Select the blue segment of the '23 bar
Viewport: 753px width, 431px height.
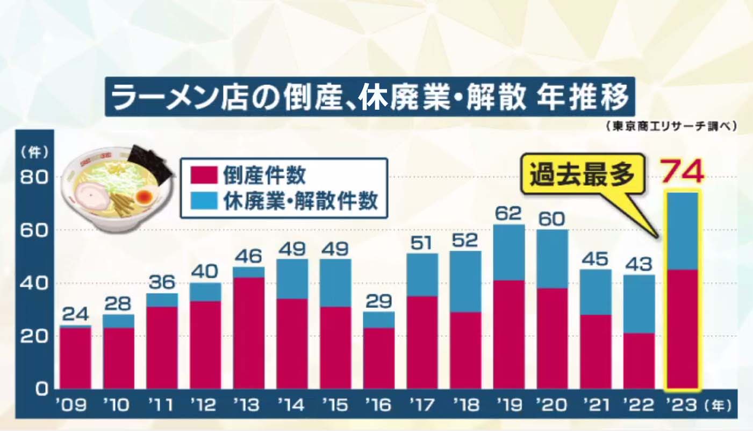682,231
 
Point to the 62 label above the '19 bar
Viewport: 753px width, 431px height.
508,214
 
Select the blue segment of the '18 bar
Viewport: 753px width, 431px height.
465,281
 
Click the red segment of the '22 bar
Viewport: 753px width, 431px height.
639,361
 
